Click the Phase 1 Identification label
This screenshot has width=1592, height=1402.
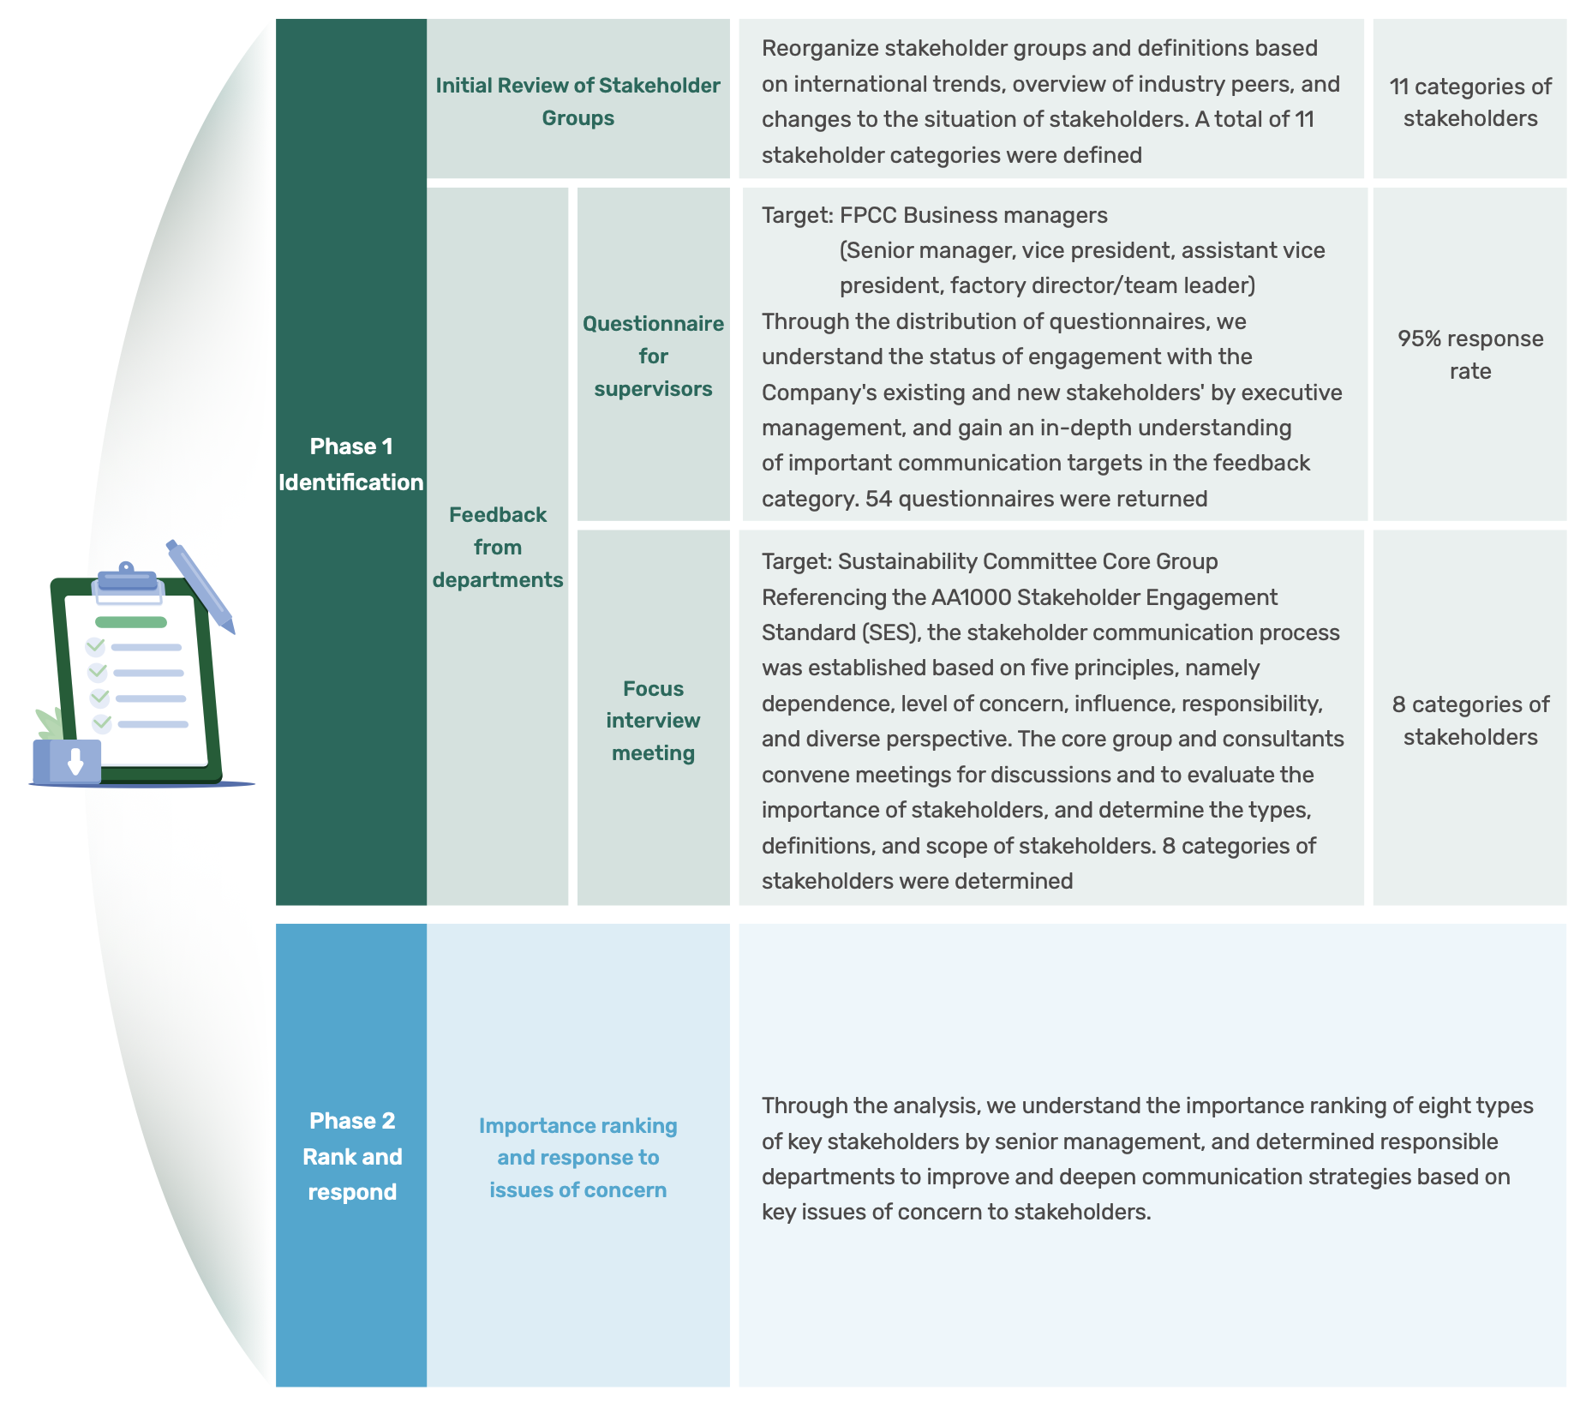(351, 464)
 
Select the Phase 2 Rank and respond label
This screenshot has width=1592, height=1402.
(352, 1156)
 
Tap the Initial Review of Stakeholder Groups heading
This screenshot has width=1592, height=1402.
(578, 101)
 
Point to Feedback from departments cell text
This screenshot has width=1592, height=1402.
(498, 547)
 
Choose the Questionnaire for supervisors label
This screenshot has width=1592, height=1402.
(653, 356)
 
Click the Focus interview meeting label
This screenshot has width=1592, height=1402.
(653, 721)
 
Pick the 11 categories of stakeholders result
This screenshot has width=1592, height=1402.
(1470, 102)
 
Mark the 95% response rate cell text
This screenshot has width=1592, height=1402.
(1470, 355)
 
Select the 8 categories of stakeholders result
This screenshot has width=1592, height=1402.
(1470, 721)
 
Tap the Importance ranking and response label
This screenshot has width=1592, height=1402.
(578, 1158)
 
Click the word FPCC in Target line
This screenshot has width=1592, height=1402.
(869, 215)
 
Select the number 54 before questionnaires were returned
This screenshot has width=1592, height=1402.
(878, 499)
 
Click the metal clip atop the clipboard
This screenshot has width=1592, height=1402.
(127, 578)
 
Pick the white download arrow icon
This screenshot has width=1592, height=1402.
(75, 760)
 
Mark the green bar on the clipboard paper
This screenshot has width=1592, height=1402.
(130, 622)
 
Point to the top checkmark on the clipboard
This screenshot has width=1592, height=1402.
(96, 645)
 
